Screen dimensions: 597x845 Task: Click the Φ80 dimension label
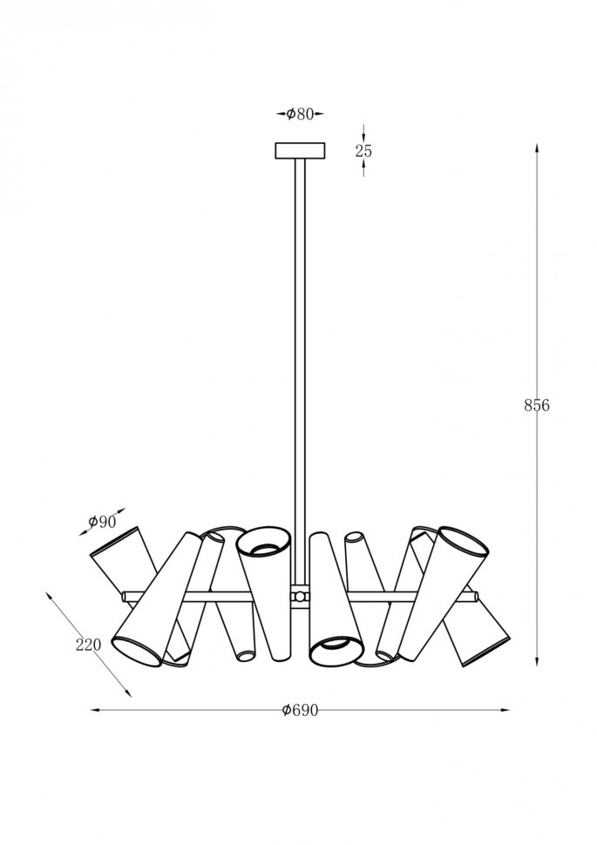click(x=300, y=114)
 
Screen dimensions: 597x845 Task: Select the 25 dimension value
click(x=363, y=151)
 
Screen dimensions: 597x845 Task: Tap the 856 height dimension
click(x=537, y=405)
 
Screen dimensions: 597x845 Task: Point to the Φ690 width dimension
click(x=300, y=710)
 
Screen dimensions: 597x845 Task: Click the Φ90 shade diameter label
click(x=102, y=521)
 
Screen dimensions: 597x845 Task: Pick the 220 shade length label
click(x=88, y=645)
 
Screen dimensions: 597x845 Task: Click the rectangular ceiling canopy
click(x=301, y=151)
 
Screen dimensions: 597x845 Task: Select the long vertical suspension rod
click(x=300, y=372)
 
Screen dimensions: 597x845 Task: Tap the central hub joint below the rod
click(x=300, y=597)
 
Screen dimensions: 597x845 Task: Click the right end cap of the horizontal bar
click(x=475, y=596)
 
